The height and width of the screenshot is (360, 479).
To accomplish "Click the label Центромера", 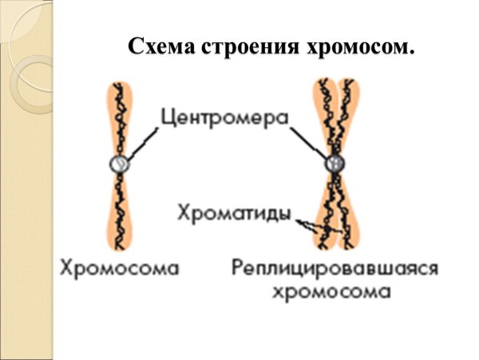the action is coord(223,118).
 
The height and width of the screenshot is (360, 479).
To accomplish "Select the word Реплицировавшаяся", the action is coord(335,266).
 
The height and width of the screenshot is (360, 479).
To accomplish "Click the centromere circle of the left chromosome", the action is coord(121,164).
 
